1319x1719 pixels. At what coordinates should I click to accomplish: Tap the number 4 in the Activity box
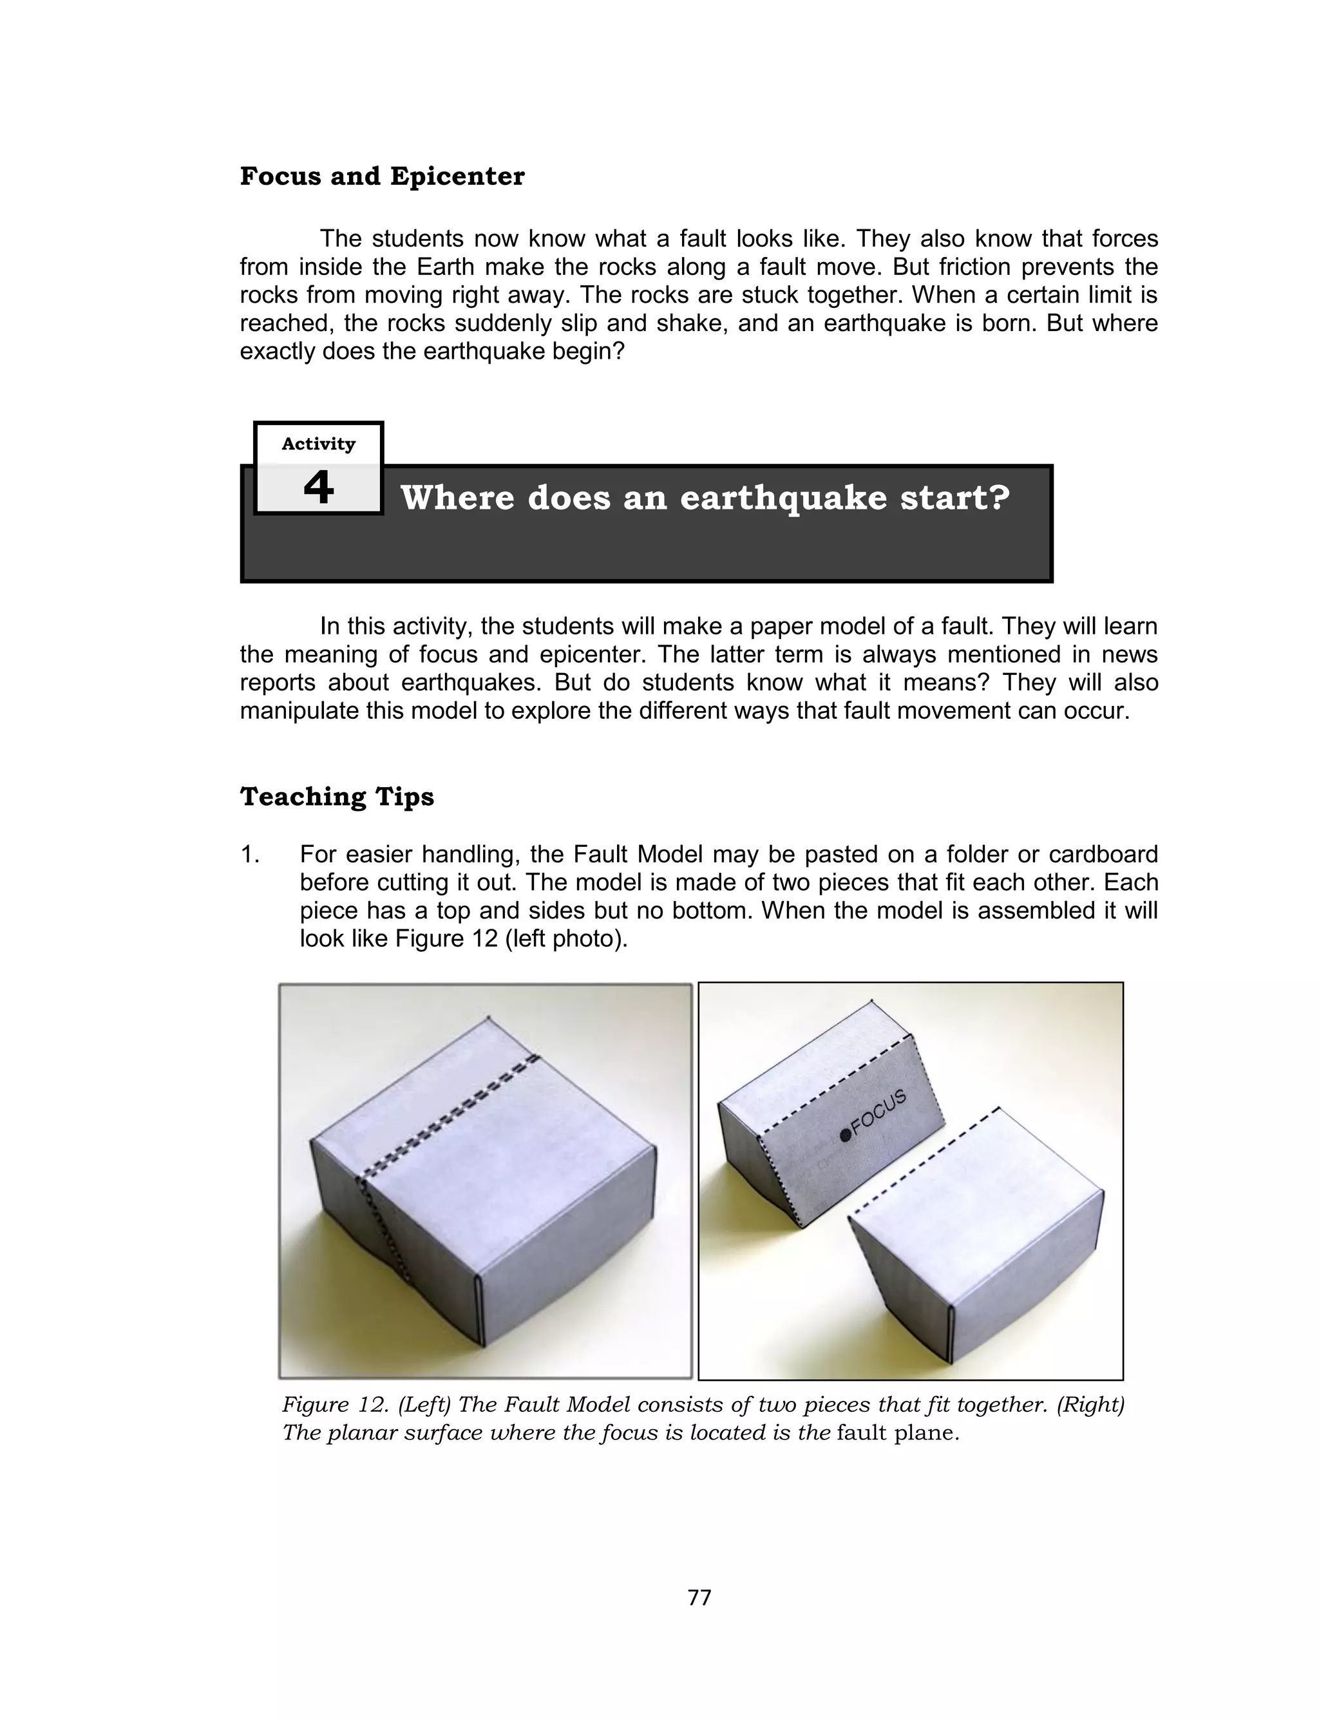[x=318, y=488]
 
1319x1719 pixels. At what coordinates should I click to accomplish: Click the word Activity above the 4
[x=318, y=444]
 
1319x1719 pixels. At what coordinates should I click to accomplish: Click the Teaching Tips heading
[x=336, y=796]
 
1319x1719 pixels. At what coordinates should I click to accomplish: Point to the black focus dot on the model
[x=845, y=1135]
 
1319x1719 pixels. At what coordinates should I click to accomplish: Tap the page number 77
[x=699, y=1597]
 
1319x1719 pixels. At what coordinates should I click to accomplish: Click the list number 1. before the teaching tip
[x=250, y=854]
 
